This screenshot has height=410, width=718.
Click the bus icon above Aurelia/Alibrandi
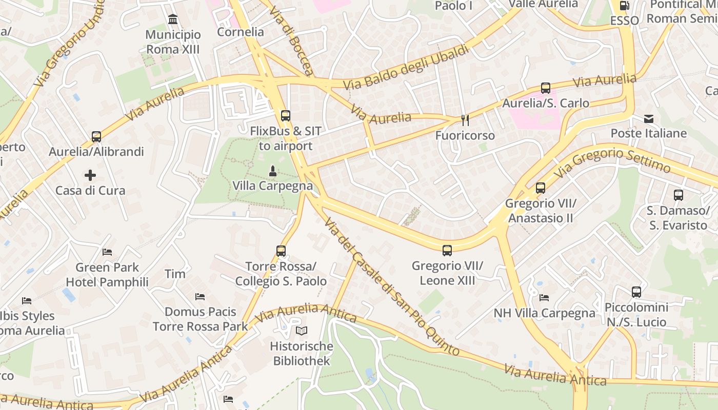click(x=96, y=137)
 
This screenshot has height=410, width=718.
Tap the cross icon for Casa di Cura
click(x=90, y=175)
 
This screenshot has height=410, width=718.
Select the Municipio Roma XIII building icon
click(x=173, y=20)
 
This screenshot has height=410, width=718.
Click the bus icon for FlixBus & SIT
click(x=285, y=116)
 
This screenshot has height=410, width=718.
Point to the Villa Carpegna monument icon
click(x=272, y=171)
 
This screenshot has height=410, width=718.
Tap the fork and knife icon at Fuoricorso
click(x=465, y=120)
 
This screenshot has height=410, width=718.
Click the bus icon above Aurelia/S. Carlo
click(x=545, y=88)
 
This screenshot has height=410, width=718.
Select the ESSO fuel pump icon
click(x=624, y=6)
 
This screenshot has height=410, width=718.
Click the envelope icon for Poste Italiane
click(x=649, y=119)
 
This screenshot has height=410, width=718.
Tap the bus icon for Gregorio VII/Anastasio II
click(x=541, y=188)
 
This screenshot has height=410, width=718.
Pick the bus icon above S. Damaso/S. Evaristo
click(x=678, y=195)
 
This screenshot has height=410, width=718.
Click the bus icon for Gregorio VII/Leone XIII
click(x=447, y=251)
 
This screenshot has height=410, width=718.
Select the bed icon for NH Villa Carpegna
click(x=544, y=298)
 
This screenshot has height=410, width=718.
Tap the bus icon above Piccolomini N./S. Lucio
click(x=636, y=292)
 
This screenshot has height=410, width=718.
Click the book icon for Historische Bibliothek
click(x=302, y=331)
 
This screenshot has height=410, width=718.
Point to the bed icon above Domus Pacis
click(x=200, y=297)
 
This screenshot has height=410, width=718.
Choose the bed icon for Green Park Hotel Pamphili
click(x=107, y=252)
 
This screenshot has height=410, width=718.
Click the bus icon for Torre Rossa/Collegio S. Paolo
click(x=281, y=251)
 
